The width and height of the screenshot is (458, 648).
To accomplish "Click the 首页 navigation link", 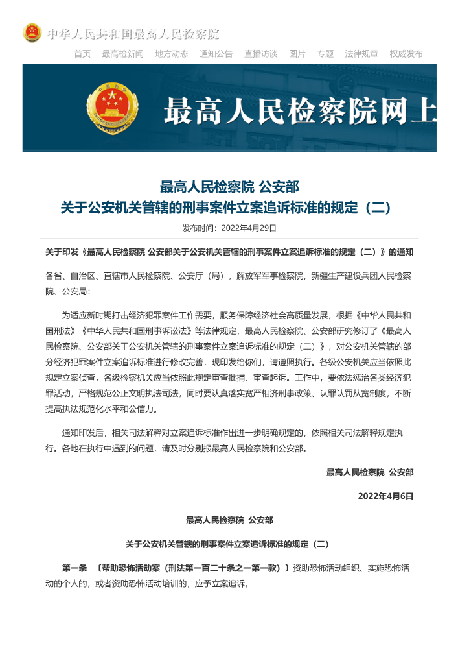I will point(82,54).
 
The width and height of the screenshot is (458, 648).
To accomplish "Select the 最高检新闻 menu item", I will point(122,54).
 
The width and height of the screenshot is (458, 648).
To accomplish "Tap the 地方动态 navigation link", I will point(171,54).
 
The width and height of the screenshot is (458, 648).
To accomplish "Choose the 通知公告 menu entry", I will point(216,54).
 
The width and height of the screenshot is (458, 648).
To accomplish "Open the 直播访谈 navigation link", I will point(260,54).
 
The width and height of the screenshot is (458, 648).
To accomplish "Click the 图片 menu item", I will point(297,54).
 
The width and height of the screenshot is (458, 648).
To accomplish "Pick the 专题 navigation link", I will point(325,54).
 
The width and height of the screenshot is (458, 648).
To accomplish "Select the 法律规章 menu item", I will point(361,54).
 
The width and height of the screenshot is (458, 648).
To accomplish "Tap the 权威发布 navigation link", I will point(406,54).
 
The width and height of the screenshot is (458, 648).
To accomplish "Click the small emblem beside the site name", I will point(32,33).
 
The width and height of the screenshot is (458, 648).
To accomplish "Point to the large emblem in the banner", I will point(112,108).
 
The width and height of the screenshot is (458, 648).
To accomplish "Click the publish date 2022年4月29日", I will point(249,228).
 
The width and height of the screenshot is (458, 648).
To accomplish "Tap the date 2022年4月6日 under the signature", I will point(385,496).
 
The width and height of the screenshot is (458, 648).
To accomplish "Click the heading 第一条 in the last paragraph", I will point(74,568).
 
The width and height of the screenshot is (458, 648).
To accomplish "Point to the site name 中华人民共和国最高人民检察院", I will point(133,34).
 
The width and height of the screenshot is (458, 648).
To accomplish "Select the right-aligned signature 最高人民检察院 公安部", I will point(369,472).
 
